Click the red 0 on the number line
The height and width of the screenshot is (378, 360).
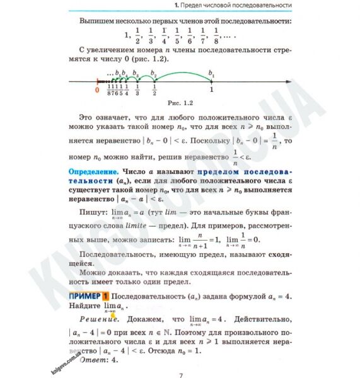click(x=96, y=89)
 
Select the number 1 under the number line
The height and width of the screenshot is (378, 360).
click(x=211, y=89)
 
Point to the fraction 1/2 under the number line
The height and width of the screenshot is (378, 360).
click(x=154, y=92)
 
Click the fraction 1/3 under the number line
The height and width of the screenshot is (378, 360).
click(x=137, y=92)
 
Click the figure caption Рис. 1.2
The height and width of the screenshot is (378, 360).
click(x=176, y=102)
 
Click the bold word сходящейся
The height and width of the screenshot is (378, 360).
click(x=274, y=256)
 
